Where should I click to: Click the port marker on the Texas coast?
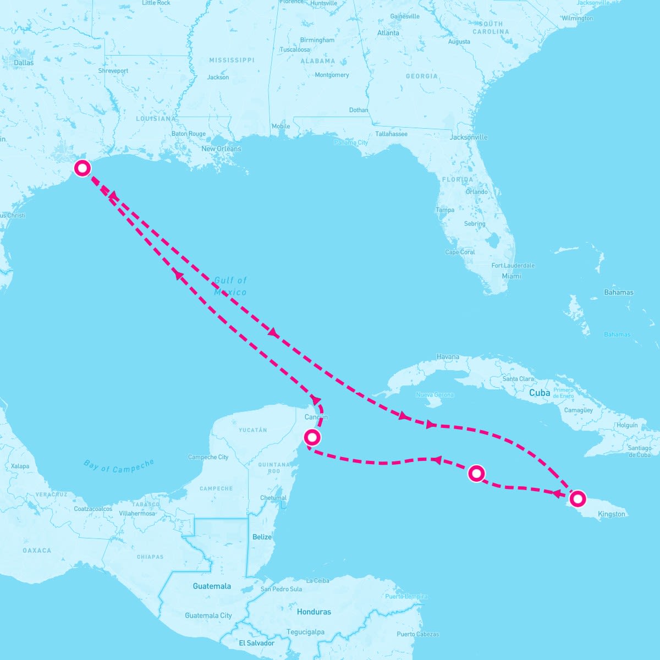tap(82, 168)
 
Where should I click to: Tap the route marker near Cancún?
tap(312, 437)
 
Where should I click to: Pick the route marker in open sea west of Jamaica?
tap(476, 473)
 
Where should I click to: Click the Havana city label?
tap(448, 357)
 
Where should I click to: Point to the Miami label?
tap(512, 276)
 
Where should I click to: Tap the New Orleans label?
tap(221, 149)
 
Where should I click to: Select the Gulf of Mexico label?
tap(230, 287)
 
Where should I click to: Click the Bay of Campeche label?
tap(119, 466)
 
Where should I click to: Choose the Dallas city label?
tap(24, 63)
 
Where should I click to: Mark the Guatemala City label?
tap(208, 615)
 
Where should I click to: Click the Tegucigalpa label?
tap(305, 632)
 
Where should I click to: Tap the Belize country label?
tap(262, 537)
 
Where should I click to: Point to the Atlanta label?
tap(388, 33)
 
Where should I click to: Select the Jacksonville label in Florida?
tap(469, 137)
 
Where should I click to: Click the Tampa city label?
tap(445, 210)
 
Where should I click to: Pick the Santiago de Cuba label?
tap(640, 452)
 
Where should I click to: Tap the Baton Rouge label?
tap(189, 134)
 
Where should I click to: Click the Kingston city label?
tap(612, 514)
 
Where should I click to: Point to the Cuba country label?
tap(540, 393)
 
